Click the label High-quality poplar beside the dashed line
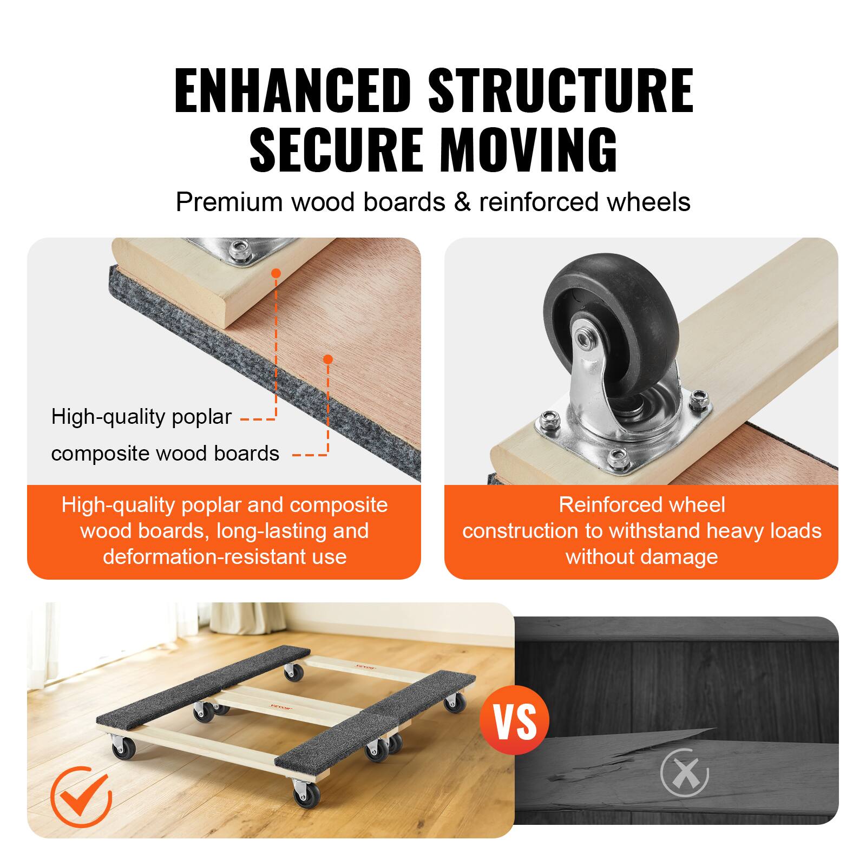[141, 417]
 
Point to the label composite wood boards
[165, 454]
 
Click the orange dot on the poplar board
[276, 273]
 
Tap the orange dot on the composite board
[327, 359]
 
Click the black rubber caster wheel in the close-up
[612, 314]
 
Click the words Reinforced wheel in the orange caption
[641, 505]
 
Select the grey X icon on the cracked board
[685, 773]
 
